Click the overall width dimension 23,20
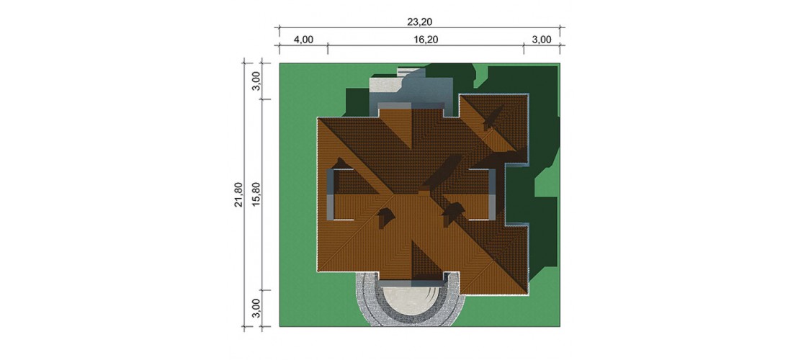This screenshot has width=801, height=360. [x=418, y=22]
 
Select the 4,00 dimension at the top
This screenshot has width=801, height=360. [x=303, y=40]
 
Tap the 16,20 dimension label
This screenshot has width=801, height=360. [x=426, y=40]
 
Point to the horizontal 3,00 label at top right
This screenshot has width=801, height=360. [x=542, y=40]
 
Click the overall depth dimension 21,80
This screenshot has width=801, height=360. [x=238, y=195]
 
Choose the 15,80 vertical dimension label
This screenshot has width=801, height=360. [x=256, y=195]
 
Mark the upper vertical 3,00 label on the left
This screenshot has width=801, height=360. [x=256, y=81]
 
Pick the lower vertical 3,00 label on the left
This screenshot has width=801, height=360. [x=256, y=308]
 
